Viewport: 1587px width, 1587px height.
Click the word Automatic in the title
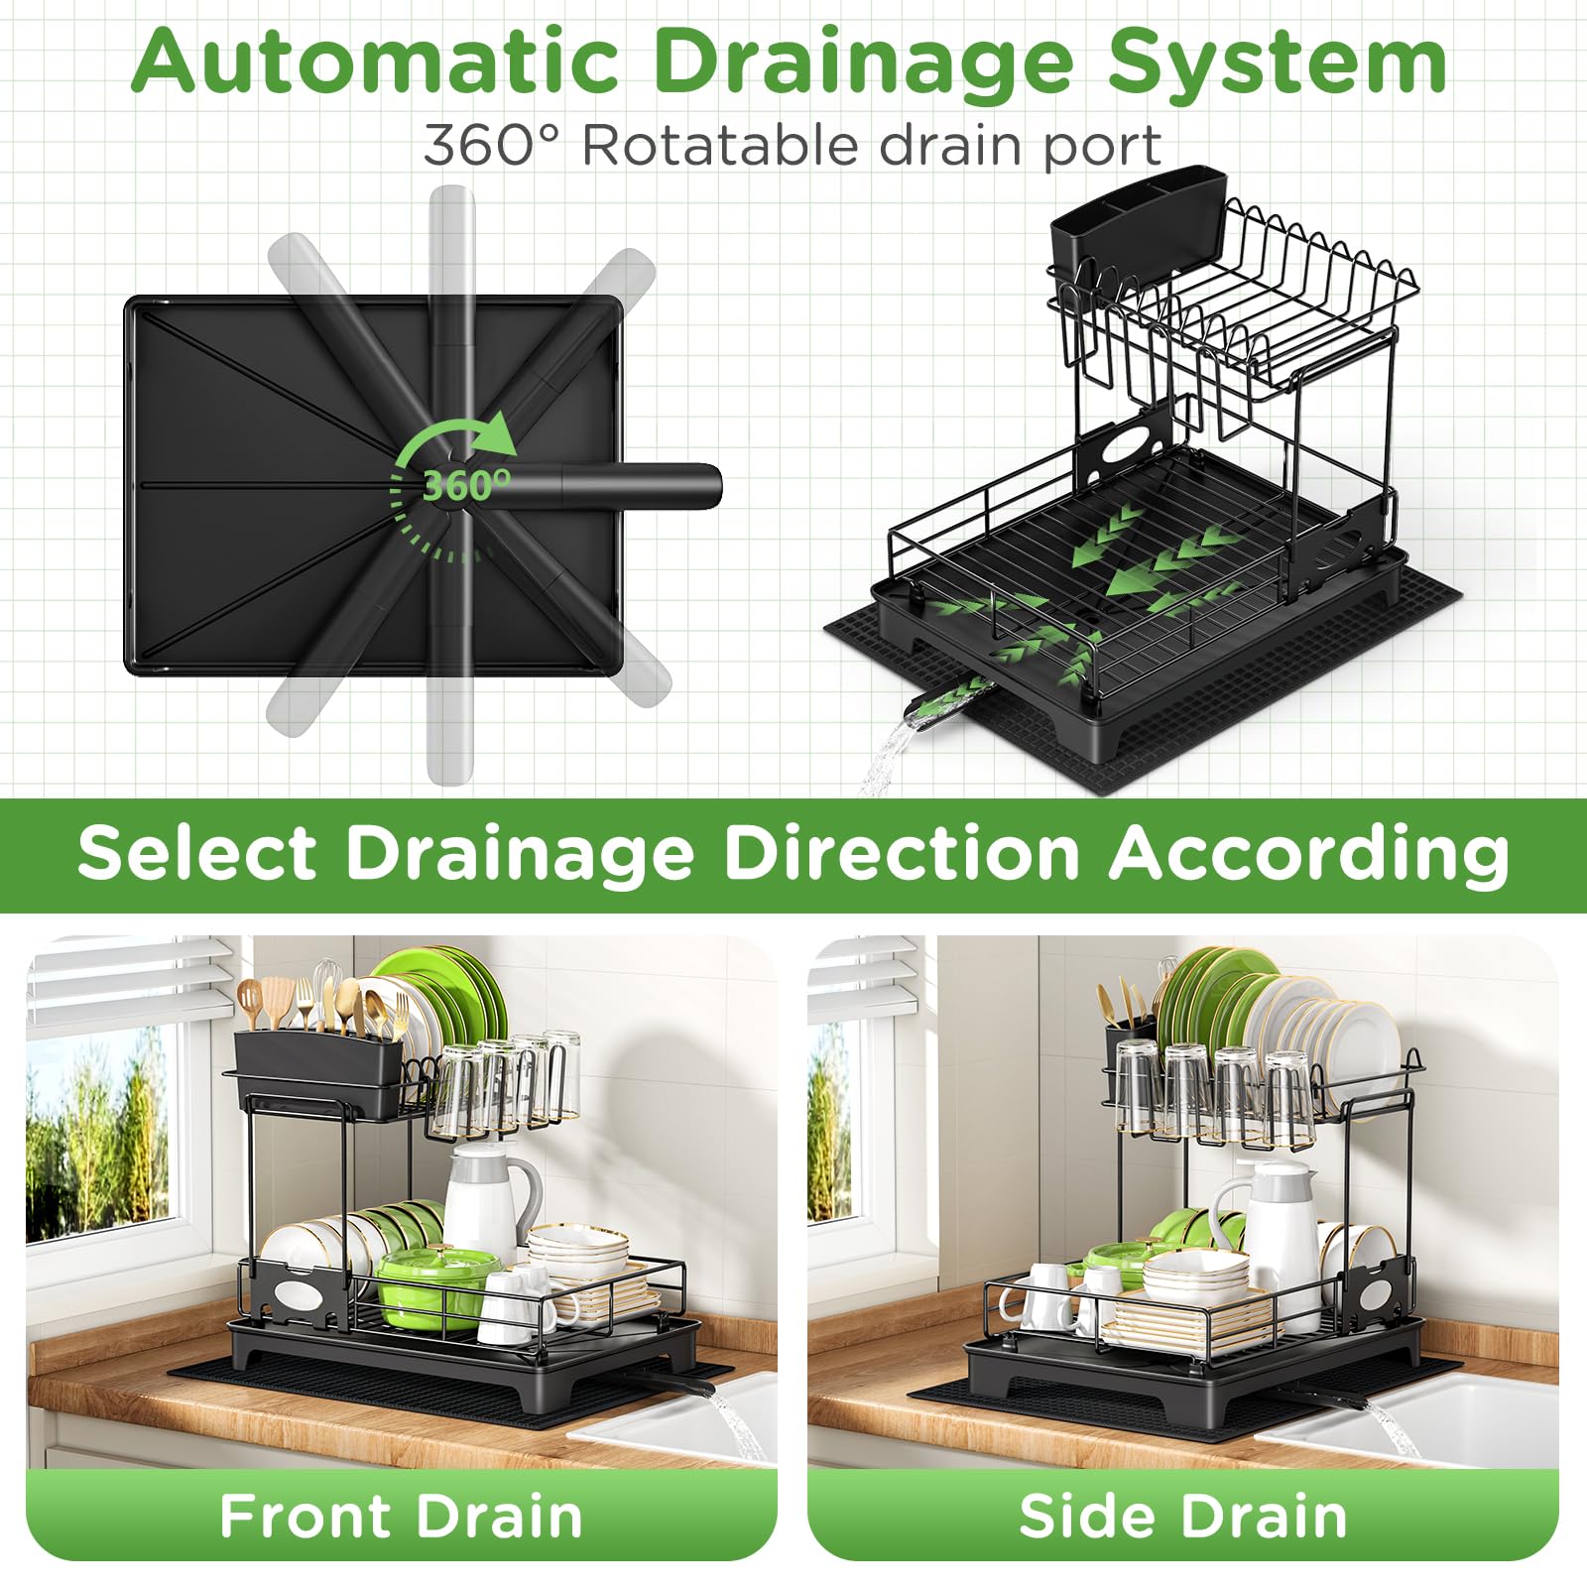376,61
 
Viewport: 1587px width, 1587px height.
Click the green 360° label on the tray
467,485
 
